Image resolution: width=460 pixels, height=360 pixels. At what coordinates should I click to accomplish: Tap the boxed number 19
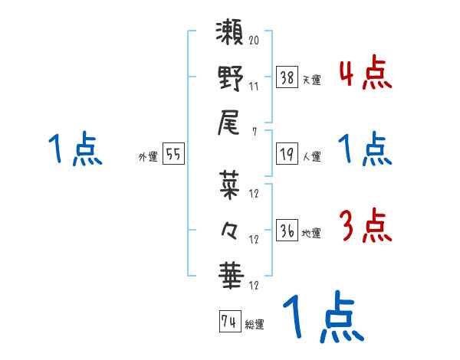(x=287, y=153)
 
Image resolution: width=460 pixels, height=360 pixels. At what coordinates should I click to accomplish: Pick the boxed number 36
(x=287, y=229)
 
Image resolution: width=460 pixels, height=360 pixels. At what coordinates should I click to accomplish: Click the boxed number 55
(x=173, y=154)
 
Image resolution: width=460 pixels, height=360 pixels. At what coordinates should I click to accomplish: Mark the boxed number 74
(x=228, y=322)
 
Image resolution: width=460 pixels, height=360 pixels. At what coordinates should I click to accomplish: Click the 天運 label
(x=311, y=79)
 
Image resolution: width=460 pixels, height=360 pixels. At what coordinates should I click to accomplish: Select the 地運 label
(x=311, y=233)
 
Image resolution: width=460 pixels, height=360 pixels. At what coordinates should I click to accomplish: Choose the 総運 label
(x=254, y=325)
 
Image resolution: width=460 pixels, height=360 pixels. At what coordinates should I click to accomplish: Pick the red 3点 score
(x=365, y=227)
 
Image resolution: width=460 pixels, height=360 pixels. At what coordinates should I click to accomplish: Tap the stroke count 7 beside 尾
(x=254, y=132)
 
